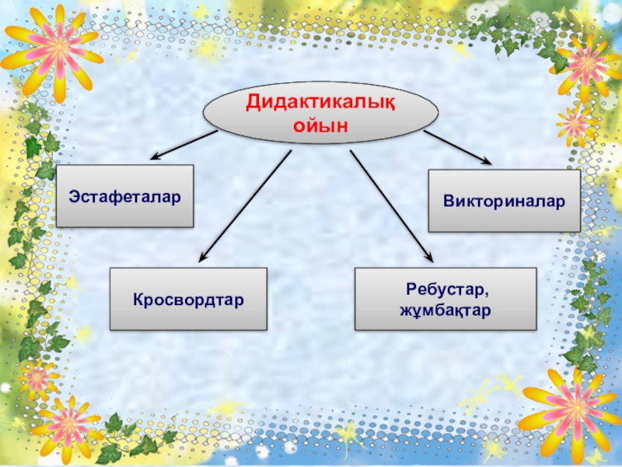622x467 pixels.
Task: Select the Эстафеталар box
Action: [124, 196]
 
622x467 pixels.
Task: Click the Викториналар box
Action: [504, 201]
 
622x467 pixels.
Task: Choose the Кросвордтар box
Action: [188, 299]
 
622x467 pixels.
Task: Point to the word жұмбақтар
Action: [446, 311]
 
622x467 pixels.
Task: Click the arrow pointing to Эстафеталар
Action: [183, 145]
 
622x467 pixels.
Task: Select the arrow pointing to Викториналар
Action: [457, 147]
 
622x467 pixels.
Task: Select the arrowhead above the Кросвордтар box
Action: [204, 256]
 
